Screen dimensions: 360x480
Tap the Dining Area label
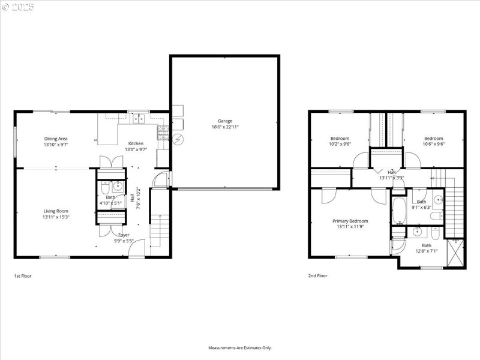pyautogui.click(x=55, y=138)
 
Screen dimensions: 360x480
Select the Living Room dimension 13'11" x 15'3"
pyautogui.click(x=55, y=217)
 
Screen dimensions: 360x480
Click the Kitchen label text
pyautogui.click(x=136, y=143)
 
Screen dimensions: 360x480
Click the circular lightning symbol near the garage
pyautogui.click(x=177, y=140)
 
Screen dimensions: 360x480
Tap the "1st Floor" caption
pyautogui.click(x=22, y=276)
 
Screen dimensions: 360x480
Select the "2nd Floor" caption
pyautogui.click(x=318, y=276)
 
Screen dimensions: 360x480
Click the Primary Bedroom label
pyautogui.click(x=350, y=221)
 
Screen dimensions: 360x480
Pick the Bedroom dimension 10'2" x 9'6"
pyautogui.click(x=340, y=144)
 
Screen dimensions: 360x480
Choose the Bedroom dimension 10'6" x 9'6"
pyautogui.click(x=433, y=144)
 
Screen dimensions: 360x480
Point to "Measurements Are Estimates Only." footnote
pyautogui.click(x=240, y=347)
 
